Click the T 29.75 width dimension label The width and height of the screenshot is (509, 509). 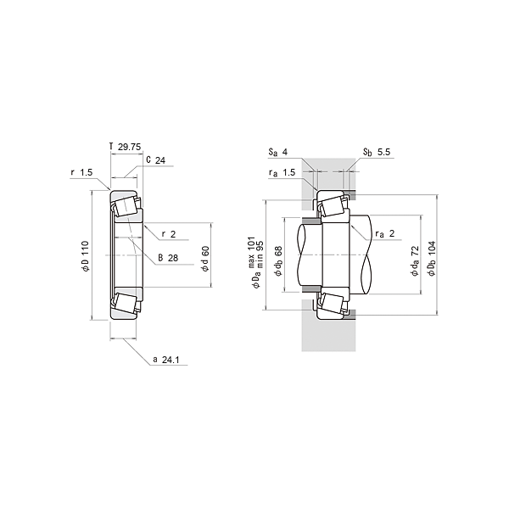[126, 147]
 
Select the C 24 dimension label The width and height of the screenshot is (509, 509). [155, 159]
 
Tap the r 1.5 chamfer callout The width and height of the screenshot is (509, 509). [81, 172]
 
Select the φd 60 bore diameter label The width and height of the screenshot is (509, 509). [205, 258]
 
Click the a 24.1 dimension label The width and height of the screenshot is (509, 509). [167, 360]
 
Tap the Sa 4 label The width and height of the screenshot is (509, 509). [278, 153]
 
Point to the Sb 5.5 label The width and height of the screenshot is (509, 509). [377, 153]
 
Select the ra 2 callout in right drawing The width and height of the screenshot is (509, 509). [385, 232]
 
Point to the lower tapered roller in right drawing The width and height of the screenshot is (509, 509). [332, 303]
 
